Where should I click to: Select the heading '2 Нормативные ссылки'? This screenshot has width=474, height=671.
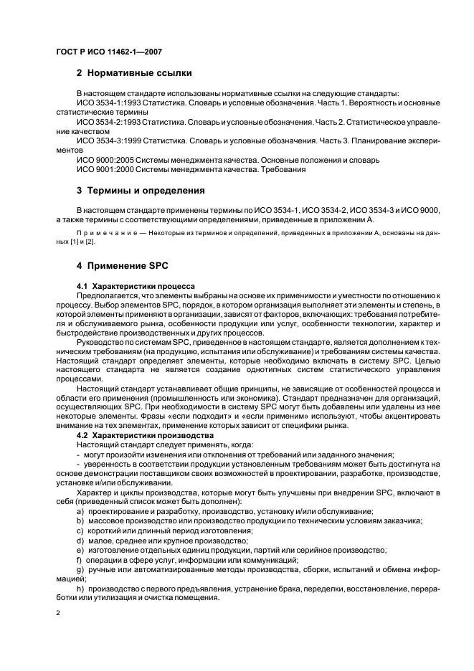135,72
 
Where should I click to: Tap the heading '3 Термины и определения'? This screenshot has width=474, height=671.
141,191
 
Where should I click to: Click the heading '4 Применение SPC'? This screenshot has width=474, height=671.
122,266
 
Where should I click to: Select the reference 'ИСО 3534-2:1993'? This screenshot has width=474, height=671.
108,123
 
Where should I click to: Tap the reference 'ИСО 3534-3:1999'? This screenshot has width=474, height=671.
108,141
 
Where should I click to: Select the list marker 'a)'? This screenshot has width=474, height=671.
80,510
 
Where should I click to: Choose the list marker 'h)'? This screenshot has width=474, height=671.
80,586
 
